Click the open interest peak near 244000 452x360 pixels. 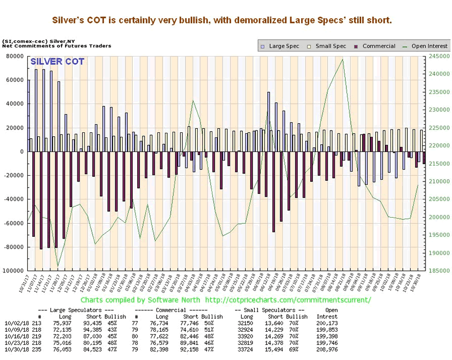[343, 59]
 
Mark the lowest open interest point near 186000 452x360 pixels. [58, 266]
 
